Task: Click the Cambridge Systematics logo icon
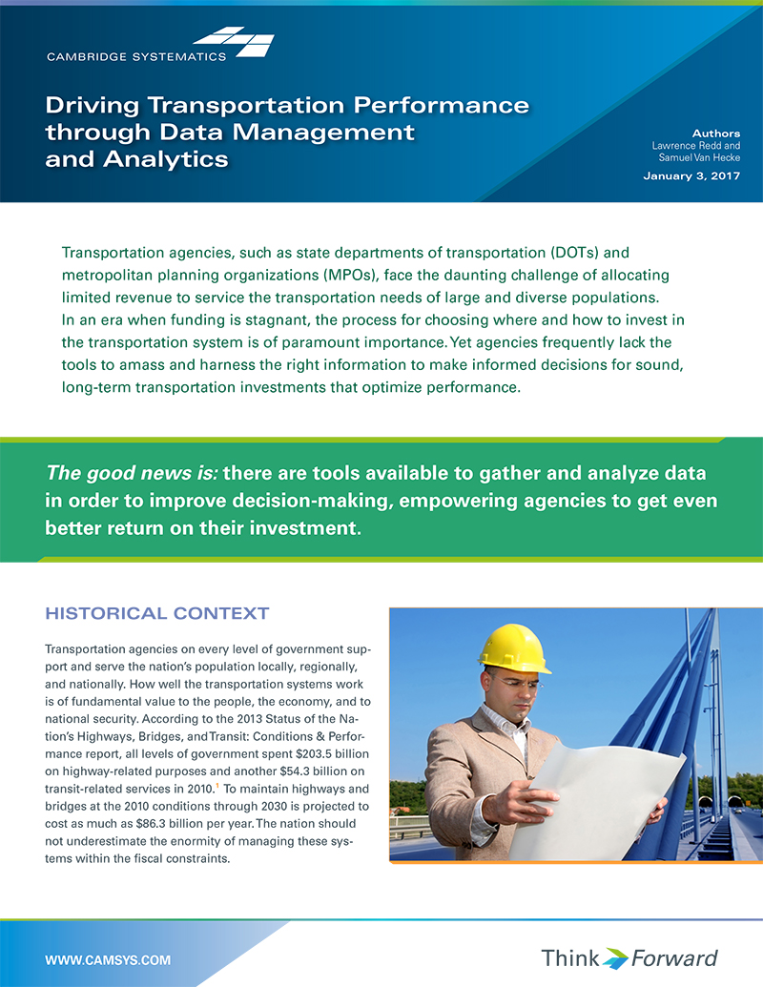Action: pyautogui.click(x=235, y=42)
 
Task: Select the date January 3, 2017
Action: pyautogui.click(x=691, y=176)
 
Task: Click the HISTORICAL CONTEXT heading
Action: pyautogui.click(x=157, y=613)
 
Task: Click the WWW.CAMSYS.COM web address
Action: pyautogui.click(x=108, y=958)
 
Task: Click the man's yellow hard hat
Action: pyautogui.click(x=514, y=648)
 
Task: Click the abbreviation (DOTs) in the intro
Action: pyautogui.click(x=575, y=253)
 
